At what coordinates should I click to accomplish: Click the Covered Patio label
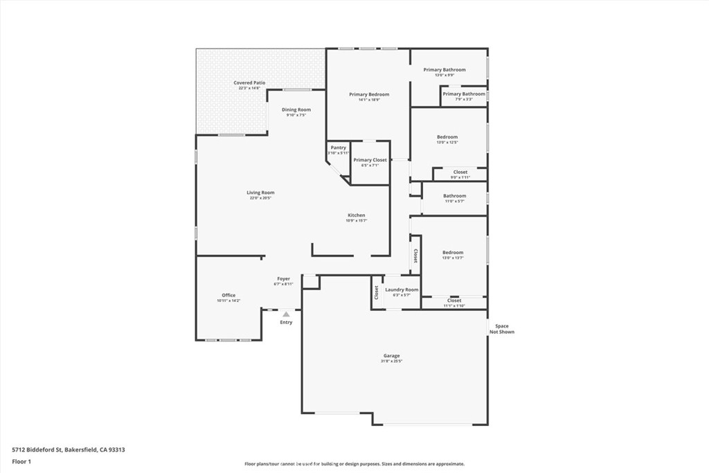[x=249, y=82]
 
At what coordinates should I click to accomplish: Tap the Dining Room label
[x=296, y=109]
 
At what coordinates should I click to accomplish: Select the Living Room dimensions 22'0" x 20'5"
[x=260, y=198]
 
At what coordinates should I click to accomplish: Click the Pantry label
[x=338, y=148]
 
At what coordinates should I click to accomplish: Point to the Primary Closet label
[x=370, y=160]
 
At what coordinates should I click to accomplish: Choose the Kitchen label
[x=356, y=215]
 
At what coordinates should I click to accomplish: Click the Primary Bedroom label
[x=369, y=94]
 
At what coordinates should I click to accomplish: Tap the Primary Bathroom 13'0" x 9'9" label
[x=445, y=70]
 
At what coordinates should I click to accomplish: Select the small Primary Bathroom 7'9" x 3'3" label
[x=464, y=94]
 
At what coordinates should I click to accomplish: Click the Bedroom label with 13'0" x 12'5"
[x=447, y=137]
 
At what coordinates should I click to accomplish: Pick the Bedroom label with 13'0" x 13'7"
[x=453, y=253]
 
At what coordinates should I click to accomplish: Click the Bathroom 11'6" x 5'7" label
[x=454, y=196]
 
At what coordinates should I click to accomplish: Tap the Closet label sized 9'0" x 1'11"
[x=460, y=172]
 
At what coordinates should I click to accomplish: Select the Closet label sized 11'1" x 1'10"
[x=454, y=301]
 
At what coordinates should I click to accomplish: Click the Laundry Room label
[x=402, y=289]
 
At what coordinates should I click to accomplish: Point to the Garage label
[x=391, y=356]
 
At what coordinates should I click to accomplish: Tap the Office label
[x=228, y=295]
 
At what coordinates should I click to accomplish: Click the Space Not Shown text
[x=501, y=329]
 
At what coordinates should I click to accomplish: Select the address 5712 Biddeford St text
[x=68, y=449]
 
